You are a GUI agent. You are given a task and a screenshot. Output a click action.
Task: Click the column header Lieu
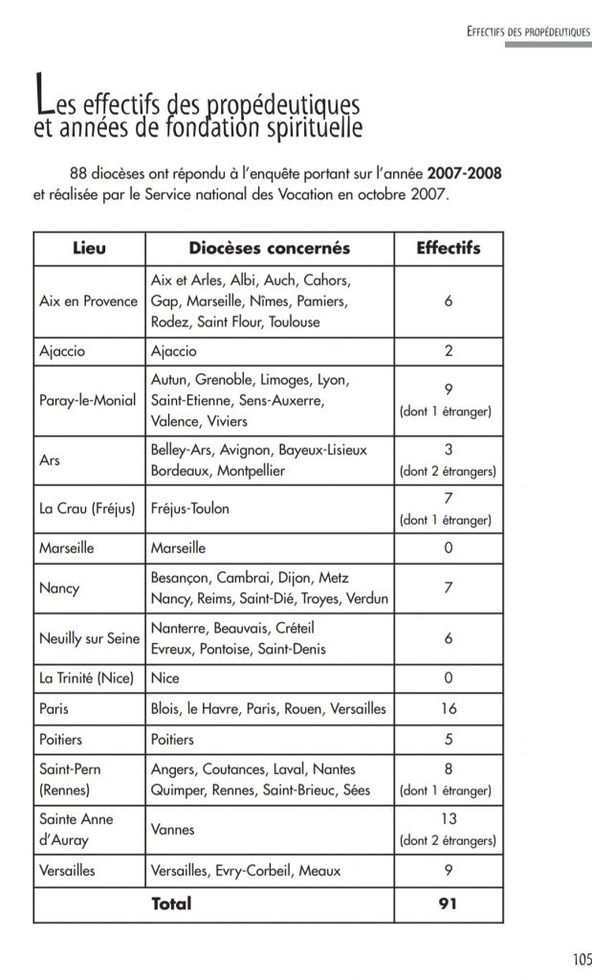click(x=89, y=249)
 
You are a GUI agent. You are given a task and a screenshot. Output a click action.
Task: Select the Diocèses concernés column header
click(x=269, y=249)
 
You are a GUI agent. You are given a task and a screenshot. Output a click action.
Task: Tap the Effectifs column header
click(x=448, y=249)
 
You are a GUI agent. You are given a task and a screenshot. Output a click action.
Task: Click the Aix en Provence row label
click(x=89, y=301)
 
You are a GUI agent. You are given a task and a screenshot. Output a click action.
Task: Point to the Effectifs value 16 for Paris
click(x=448, y=709)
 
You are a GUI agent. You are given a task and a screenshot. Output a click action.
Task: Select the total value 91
click(x=448, y=902)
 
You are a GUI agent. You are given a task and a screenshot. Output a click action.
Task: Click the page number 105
click(x=582, y=959)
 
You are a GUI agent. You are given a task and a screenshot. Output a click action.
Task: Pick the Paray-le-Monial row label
click(x=89, y=400)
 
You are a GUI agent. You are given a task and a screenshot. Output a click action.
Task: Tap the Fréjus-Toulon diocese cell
click(x=190, y=509)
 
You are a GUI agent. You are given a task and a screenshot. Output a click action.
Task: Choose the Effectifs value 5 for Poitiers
click(x=448, y=739)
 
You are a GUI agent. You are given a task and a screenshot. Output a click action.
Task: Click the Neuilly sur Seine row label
click(x=89, y=638)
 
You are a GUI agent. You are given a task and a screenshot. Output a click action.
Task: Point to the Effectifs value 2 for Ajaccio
click(x=448, y=351)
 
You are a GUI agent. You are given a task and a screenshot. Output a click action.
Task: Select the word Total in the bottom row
click(x=171, y=902)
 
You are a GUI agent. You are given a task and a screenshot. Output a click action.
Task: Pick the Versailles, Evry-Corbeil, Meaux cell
click(x=246, y=871)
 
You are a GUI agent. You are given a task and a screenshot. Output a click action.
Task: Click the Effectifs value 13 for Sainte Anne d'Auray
click(x=448, y=820)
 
